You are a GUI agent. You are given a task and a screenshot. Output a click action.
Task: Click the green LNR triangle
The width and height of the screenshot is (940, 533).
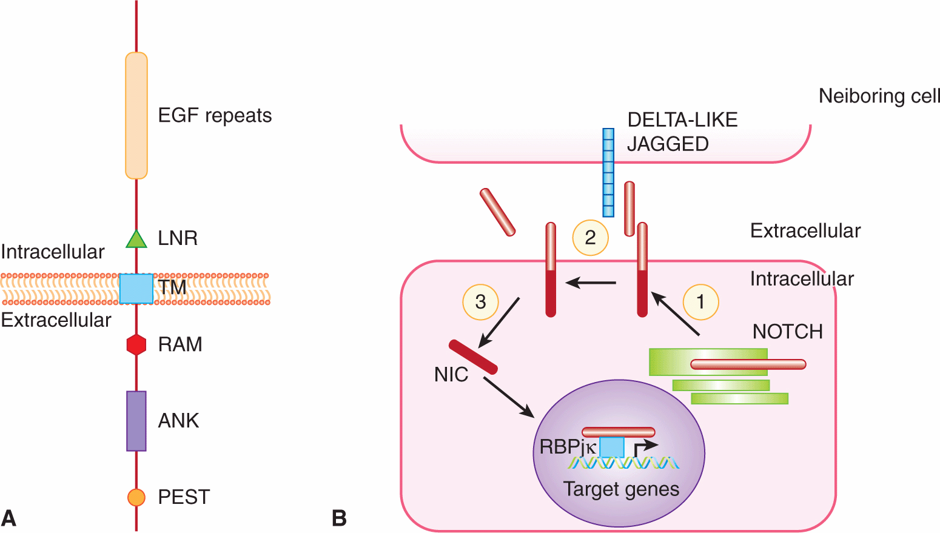point(136,240)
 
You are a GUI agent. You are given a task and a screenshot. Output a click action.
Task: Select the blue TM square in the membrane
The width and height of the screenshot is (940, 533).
point(136,289)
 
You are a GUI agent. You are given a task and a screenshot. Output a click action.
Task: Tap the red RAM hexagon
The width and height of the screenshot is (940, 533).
point(136,344)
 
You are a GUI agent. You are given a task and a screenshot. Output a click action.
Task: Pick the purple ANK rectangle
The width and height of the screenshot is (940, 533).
point(136,421)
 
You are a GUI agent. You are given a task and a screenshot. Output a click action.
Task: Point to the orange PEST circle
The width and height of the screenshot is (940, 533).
point(136,497)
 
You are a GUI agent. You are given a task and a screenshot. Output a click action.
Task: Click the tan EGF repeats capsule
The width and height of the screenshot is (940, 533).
point(136,116)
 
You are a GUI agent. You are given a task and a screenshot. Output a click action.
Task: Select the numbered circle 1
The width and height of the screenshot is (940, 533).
point(700,301)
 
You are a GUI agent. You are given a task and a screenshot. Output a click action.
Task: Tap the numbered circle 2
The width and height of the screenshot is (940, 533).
point(590,237)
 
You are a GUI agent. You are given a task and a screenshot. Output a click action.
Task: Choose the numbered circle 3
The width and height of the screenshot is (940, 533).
point(480,301)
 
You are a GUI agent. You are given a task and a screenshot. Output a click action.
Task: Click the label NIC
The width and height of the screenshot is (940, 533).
point(451,375)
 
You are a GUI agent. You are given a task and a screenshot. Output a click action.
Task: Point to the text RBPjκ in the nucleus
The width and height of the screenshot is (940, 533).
point(568,448)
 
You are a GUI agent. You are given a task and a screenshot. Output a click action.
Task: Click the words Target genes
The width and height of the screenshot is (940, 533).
point(621,489)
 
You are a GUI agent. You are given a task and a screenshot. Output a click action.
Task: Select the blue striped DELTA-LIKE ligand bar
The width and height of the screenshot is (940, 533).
point(608,172)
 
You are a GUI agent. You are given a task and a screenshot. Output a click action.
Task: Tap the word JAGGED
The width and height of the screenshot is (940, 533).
point(668,144)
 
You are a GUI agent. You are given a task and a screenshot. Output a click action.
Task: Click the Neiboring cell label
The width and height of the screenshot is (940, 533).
point(879,96)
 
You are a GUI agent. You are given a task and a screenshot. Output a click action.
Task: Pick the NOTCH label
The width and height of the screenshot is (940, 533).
point(788,332)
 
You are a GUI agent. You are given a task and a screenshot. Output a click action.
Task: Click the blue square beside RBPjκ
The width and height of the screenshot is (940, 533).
point(611,448)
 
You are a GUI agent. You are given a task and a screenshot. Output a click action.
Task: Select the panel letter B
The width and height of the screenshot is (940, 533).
point(340,518)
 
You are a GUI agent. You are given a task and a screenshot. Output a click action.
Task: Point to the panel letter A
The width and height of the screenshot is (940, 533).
point(8,518)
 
